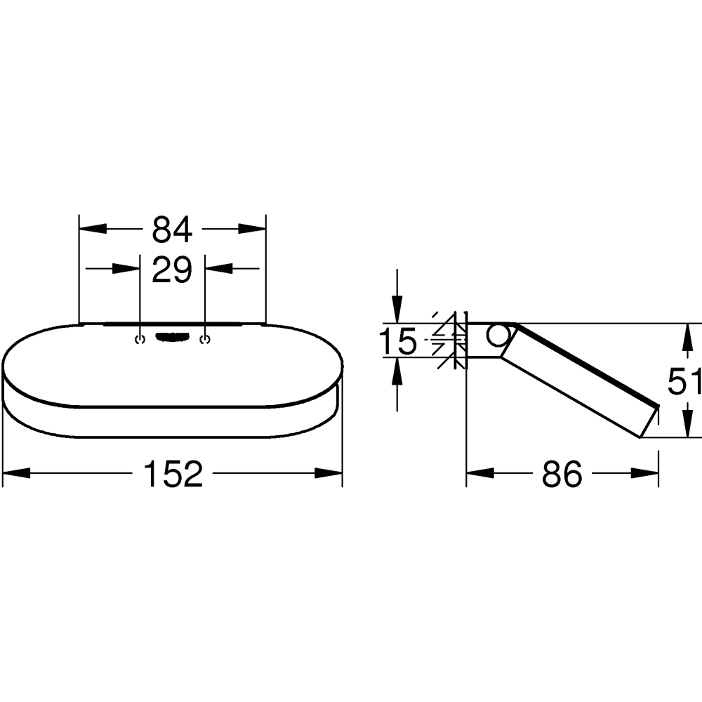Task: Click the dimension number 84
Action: [x=172, y=229]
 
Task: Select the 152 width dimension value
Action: [x=173, y=475]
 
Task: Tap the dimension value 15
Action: [x=398, y=342]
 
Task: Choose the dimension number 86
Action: [x=562, y=475]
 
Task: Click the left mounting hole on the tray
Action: [x=139, y=340]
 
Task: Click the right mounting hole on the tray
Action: [x=205, y=340]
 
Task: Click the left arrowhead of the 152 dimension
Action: [x=17, y=474]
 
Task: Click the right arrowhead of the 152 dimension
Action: [x=329, y=474]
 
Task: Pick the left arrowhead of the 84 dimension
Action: [x=92, y=229]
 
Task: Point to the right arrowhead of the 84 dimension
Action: [x=252, y=229]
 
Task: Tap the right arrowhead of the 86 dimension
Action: [x=645, y=474]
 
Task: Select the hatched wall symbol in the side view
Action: [x=450, y=340]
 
